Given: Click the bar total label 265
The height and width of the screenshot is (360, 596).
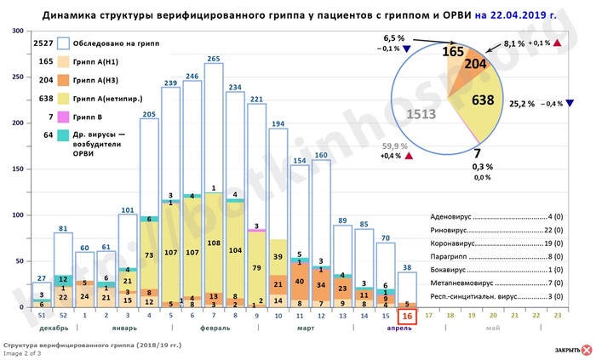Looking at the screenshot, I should (215, 57).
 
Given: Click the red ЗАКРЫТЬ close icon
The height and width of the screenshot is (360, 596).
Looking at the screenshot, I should (586, 349).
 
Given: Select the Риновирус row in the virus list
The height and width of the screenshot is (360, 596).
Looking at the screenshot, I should (486, 230).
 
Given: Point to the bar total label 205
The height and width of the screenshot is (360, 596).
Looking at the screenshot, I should (150, 113).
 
